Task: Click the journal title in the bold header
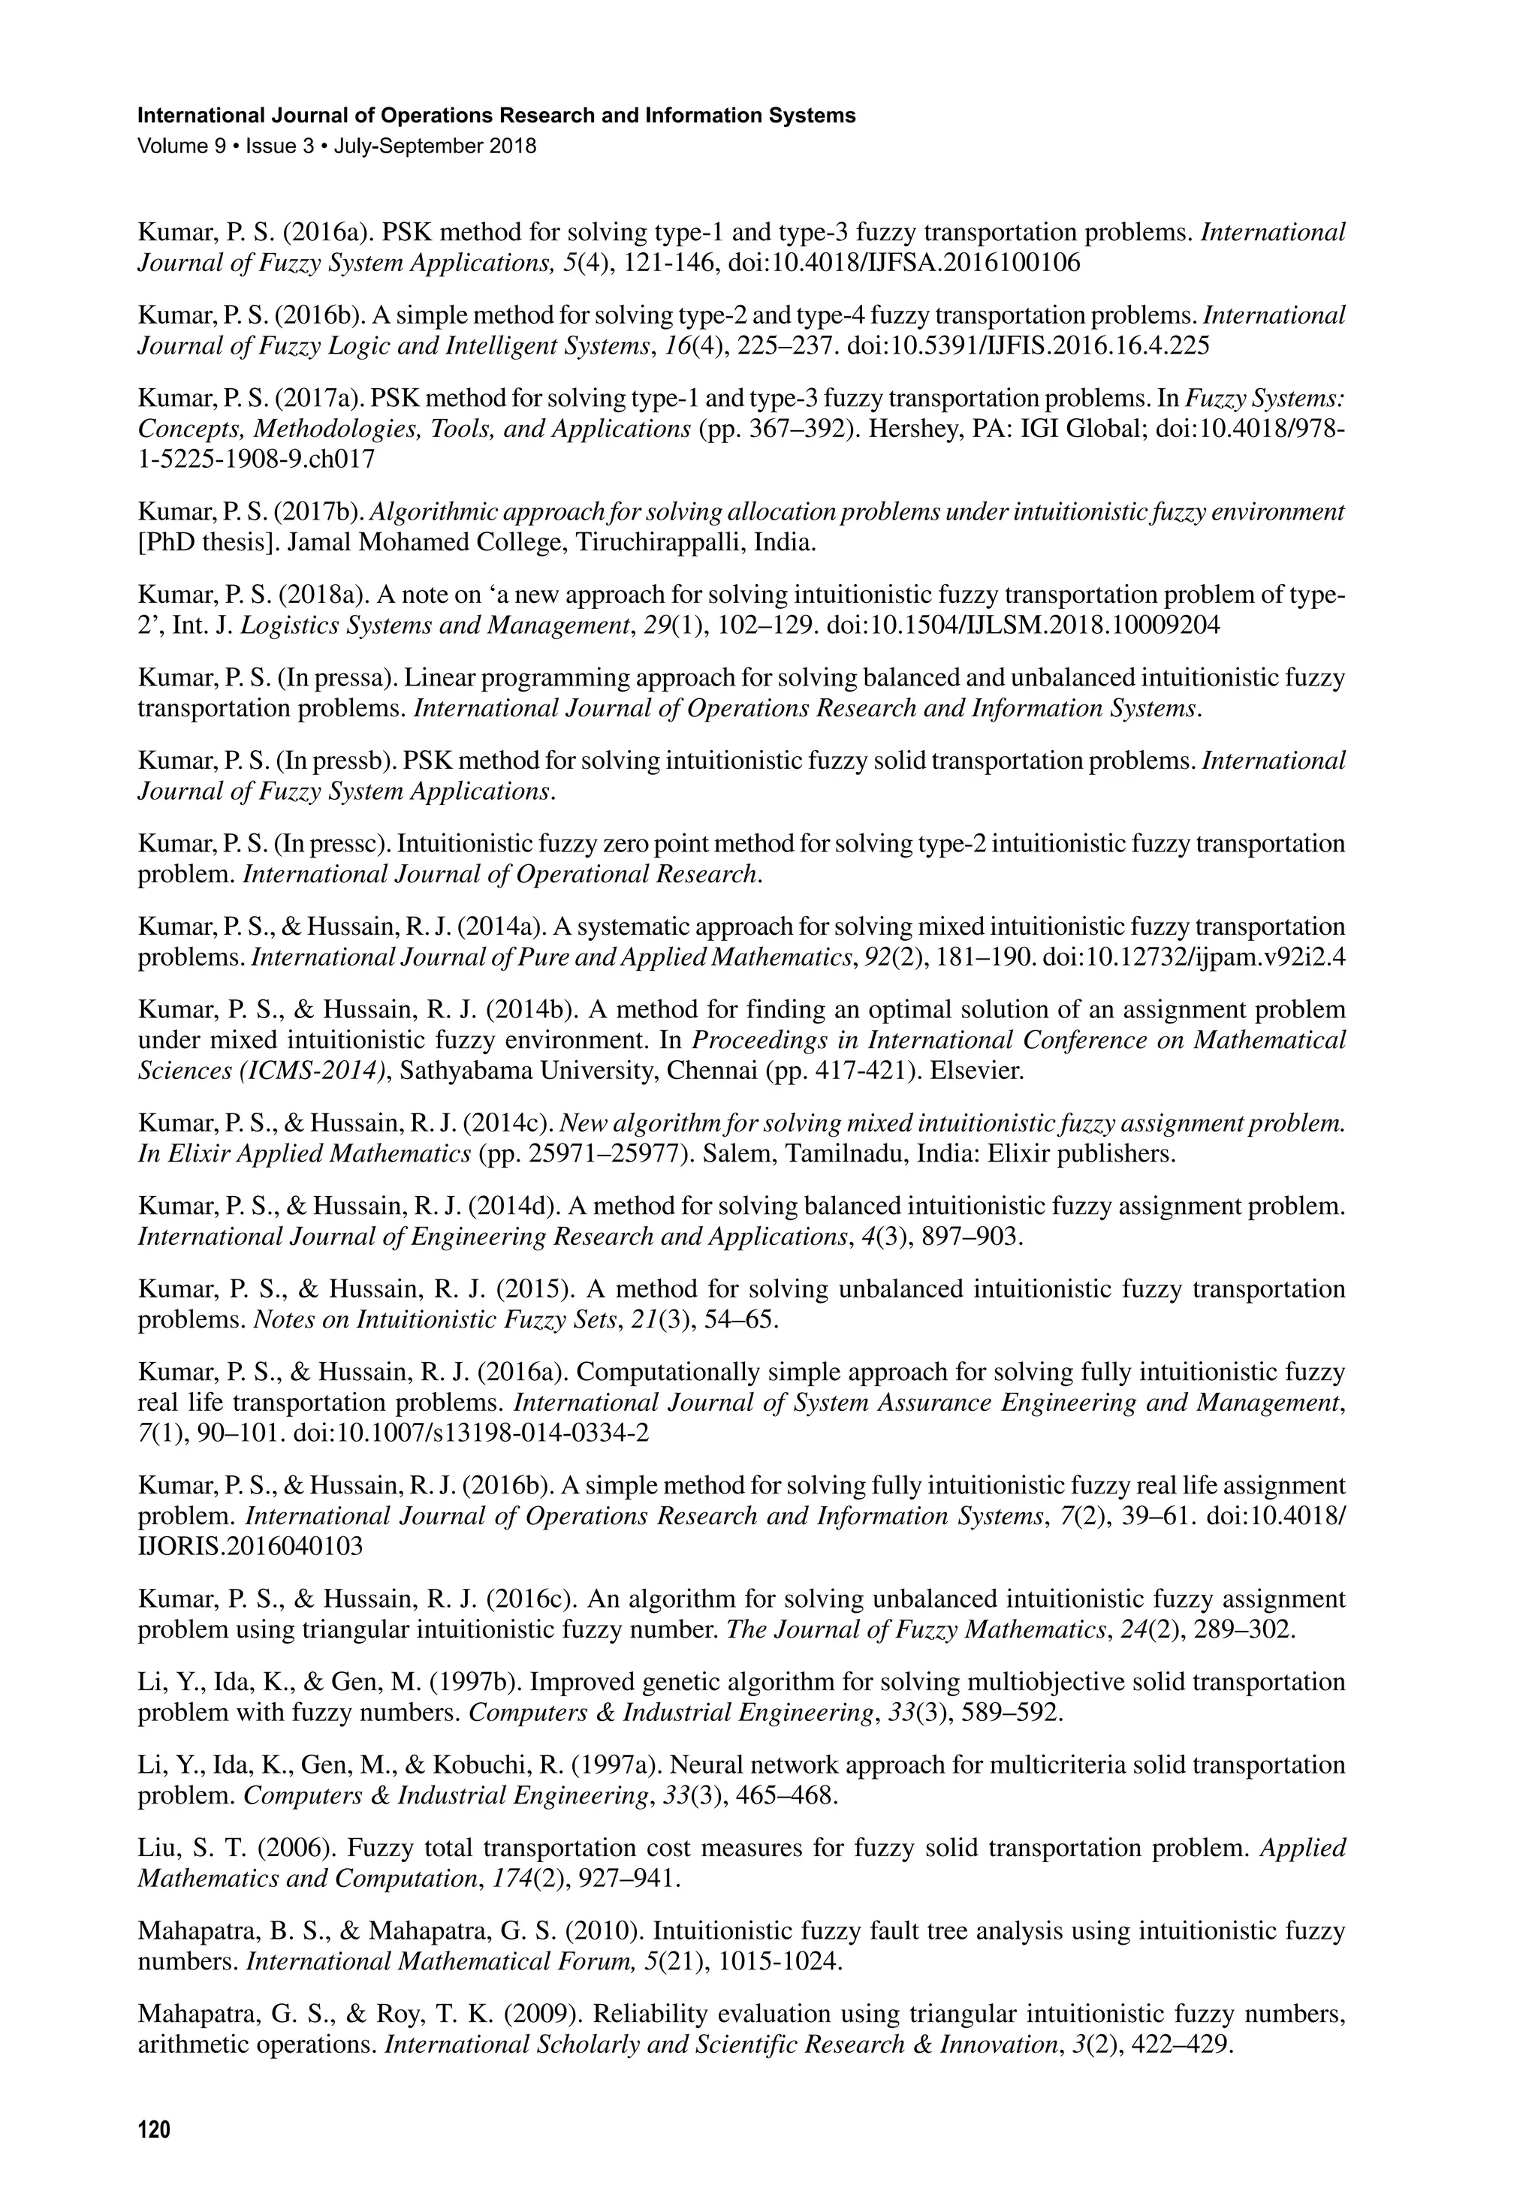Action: tap(496, 116)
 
